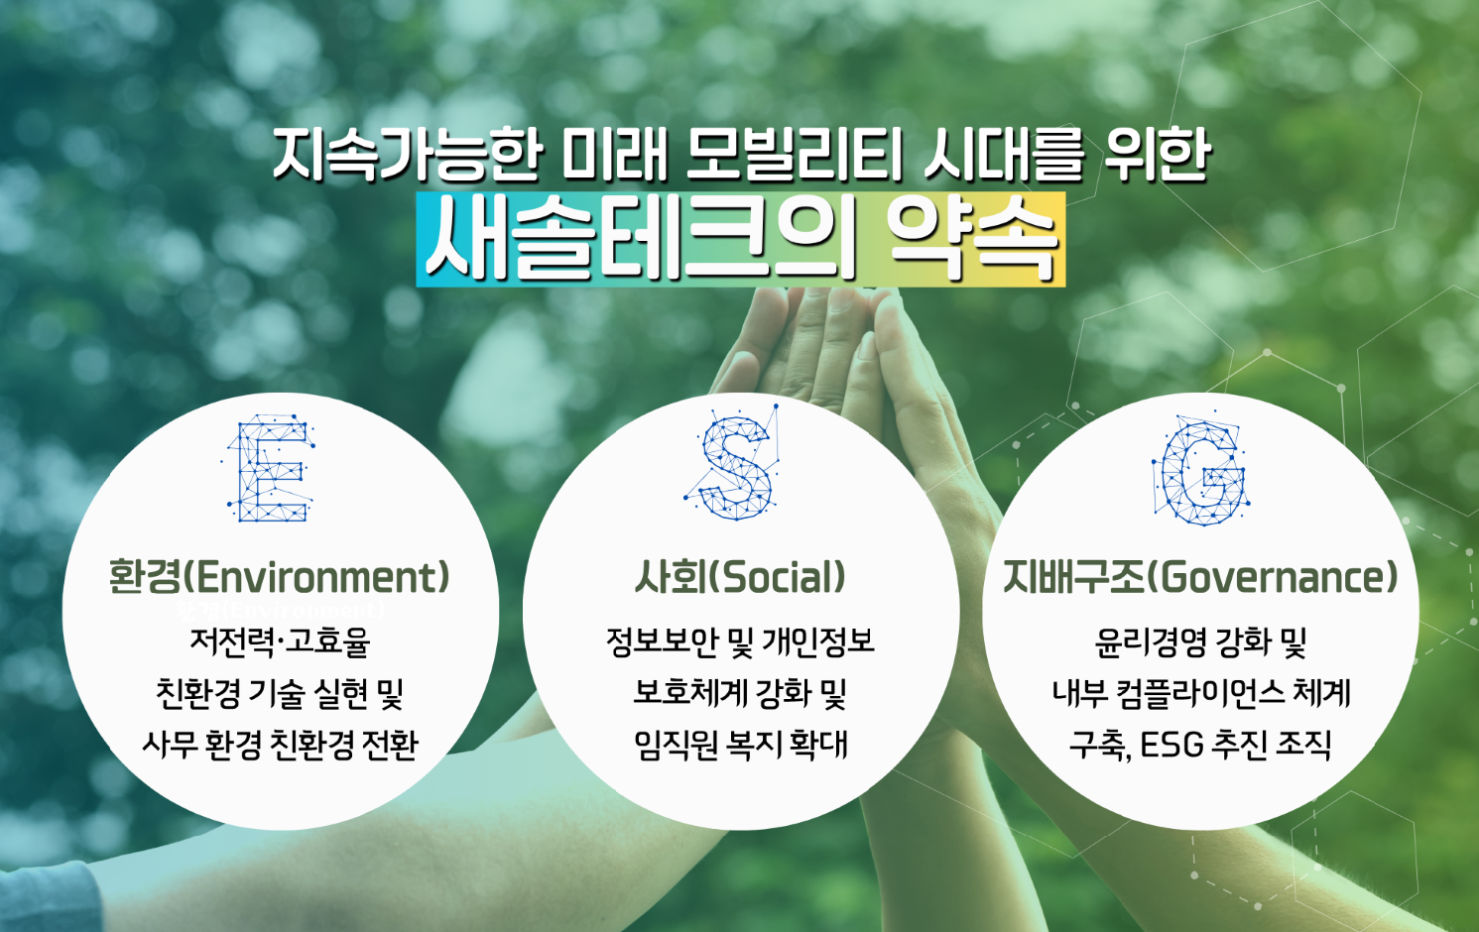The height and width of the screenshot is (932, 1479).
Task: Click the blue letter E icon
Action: [x=270, y=468]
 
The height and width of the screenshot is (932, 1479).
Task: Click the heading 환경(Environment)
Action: [x=280, y=576]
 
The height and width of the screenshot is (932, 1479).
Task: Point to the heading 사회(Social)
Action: [x=740, y=576]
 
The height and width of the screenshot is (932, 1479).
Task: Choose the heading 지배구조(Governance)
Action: [x=1200, y=576]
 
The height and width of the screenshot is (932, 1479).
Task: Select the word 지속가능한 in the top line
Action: [x=408, y=156]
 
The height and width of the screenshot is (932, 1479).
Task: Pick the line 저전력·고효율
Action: [x=280, y=641]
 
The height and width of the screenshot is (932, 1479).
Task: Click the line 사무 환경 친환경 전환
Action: [x=280, y=745]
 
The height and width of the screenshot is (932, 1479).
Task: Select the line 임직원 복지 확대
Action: [x=740, y=745]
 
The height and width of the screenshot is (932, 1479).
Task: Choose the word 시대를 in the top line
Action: [x=1003, y=156]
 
